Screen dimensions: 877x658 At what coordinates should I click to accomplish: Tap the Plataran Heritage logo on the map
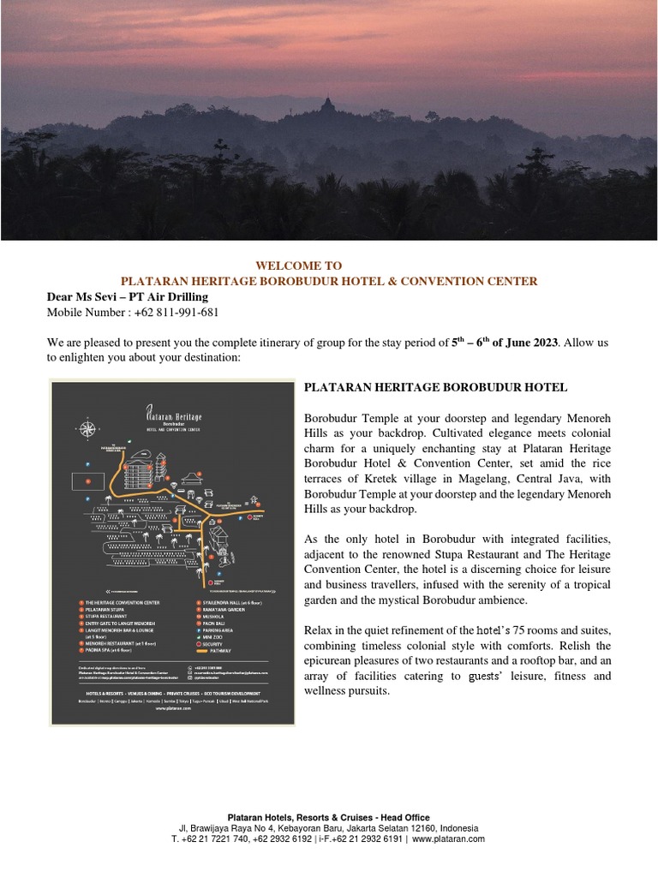[x=173, y=419]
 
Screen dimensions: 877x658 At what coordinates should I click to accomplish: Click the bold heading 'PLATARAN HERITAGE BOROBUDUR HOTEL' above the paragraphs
[x=435, y=388]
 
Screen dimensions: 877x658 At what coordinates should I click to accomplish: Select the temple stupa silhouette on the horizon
[x=327, y=106]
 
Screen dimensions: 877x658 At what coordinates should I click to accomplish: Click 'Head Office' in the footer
[x=403, y=818]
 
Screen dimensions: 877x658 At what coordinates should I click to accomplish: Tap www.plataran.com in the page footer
[x=448, y=839]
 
